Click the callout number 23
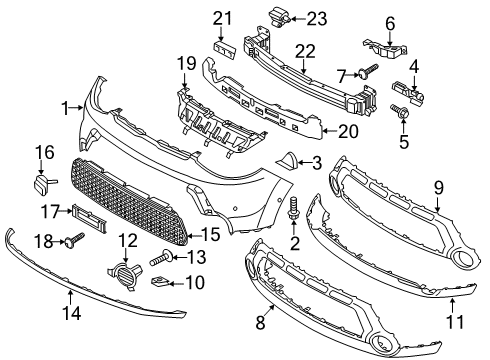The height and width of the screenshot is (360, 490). pos(317,19)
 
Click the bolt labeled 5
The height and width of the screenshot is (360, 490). pos(399,112)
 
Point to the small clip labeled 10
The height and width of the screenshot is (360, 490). pos(162,283)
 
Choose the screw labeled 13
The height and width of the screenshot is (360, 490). pos(162,258)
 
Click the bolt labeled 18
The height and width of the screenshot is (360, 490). pos(76,240)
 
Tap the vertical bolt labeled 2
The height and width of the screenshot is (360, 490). pos(293,208)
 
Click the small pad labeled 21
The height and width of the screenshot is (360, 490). pos(225,50)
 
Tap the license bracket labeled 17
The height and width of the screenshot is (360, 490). pos(89,218)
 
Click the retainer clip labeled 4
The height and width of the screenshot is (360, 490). pos(407,92)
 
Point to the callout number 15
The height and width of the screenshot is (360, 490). pos(210,234)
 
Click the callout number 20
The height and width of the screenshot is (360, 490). pos(348,131)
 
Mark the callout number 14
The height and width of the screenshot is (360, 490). pos(72,313)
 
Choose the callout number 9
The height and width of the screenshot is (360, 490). pos(439,188)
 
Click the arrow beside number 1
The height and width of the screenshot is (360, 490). pos(78,107)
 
